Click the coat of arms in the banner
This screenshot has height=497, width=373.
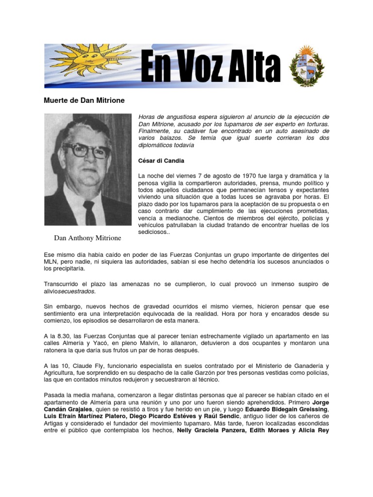coord(305,66)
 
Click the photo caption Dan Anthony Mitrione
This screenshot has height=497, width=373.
coord(87,238)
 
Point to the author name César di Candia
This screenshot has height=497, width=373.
coord(161,160)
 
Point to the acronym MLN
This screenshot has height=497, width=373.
coord(51,261)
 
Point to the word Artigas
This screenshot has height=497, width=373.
coord(55,423)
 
